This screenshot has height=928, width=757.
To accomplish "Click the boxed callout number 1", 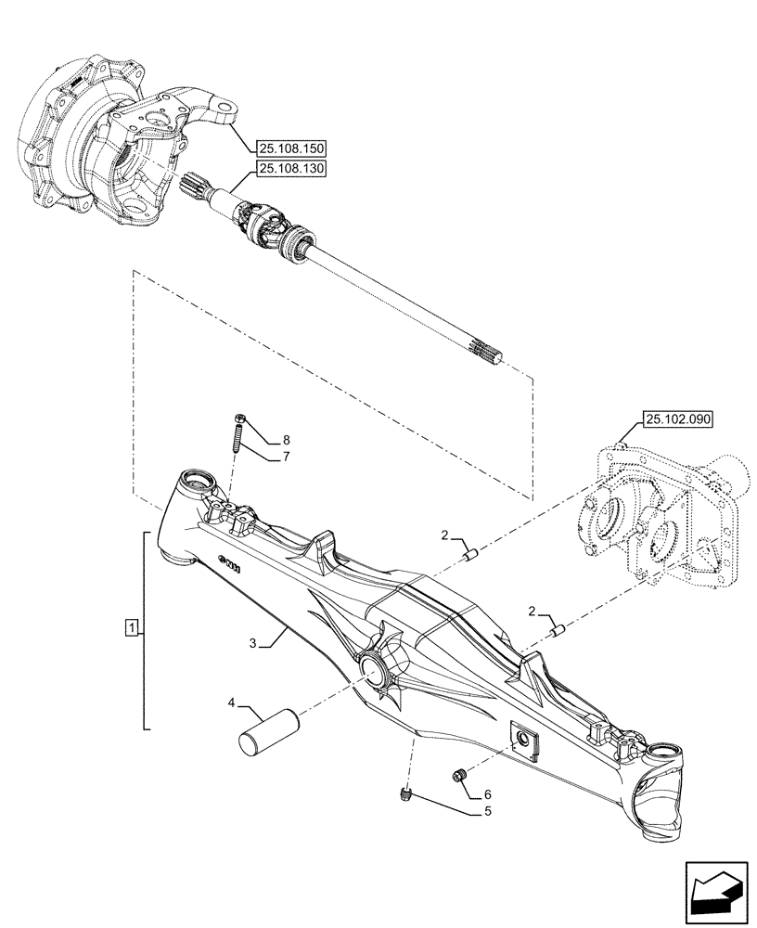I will (x=134, y=629).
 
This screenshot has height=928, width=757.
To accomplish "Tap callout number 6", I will (x=487, y=793).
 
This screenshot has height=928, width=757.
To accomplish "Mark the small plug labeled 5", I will (x=404, y=791).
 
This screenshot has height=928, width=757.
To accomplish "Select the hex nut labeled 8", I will (x=239, y=419).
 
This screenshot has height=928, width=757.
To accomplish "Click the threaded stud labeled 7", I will (x=237, y=437).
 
